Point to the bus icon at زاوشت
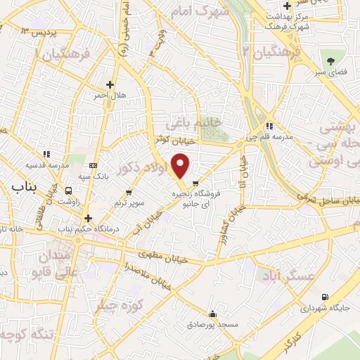[69, 190]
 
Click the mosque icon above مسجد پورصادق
[212, 314]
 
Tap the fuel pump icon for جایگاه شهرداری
[324, 297]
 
